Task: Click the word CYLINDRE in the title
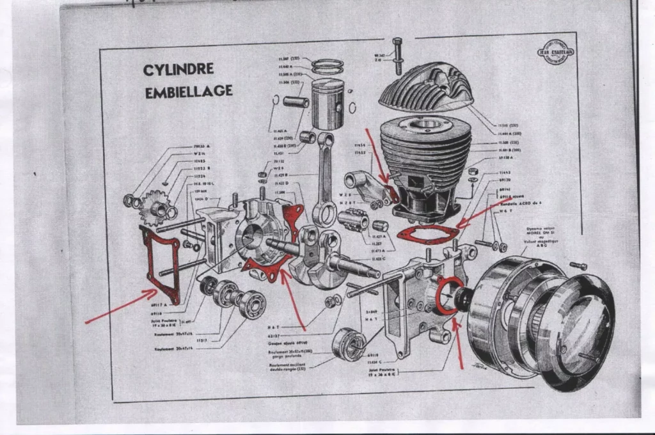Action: click(178, 69)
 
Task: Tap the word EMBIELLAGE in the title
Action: click(188, 91)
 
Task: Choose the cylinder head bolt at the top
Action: click(398, 55)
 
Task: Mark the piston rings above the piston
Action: click(327, 67)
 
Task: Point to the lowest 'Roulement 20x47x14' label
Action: click(172, 349)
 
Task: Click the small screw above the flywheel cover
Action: click(578, 265)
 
